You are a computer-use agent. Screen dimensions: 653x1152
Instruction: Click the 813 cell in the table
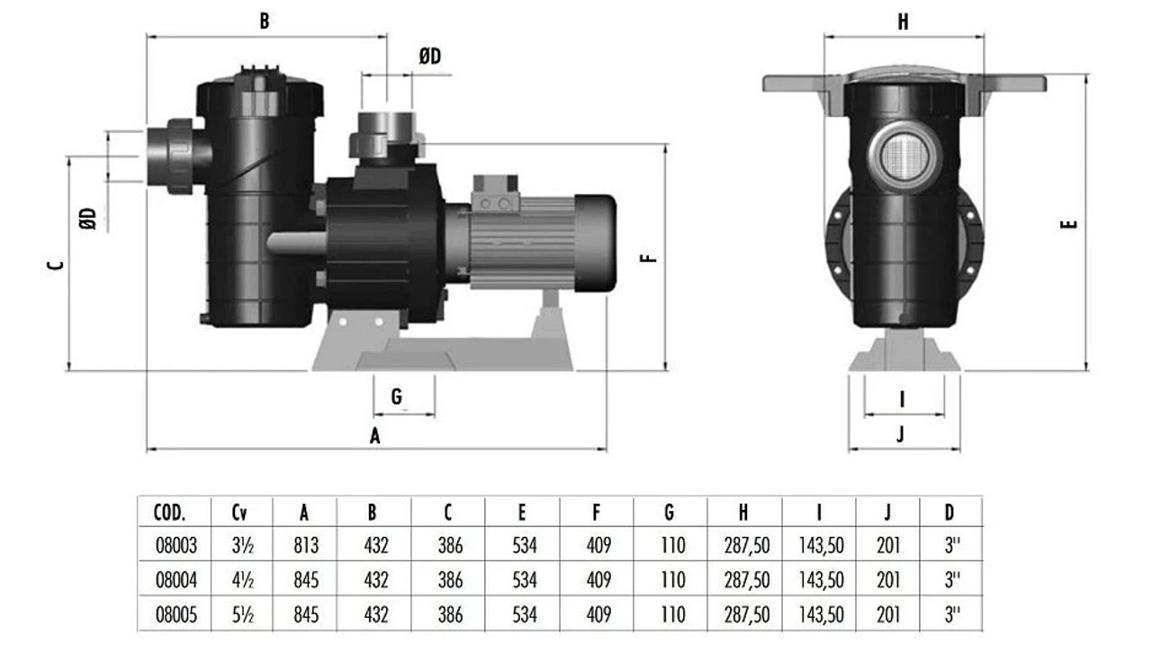[x=305, y=545]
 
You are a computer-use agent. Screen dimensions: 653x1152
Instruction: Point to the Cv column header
[x=239, y=513]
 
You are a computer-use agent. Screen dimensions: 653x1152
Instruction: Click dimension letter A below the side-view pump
[x=375, y=436]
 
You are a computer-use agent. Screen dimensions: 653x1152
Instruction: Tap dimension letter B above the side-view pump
[x=264, y=21]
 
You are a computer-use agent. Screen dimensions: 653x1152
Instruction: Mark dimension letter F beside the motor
[x=648, y=257]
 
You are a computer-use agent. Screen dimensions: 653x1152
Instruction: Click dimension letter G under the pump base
[x=397, y=397]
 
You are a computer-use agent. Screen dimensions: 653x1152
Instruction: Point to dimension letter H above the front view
[x=903, y=22]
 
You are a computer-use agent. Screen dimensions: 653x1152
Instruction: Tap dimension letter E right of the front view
[x=1069, y=224]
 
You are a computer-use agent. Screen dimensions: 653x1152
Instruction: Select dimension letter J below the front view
[x=901, y=434]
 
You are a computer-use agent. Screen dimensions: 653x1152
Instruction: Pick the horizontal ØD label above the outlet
[x=430, y=57]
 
